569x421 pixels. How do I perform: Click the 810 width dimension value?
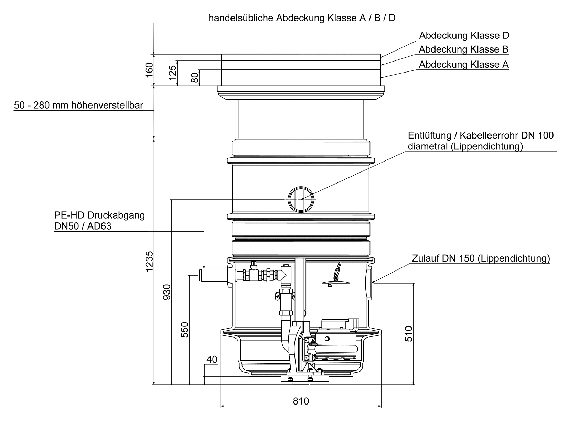301,401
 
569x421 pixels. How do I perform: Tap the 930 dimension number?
167,292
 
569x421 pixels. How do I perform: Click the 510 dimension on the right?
408,333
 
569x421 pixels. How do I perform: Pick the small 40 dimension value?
212,359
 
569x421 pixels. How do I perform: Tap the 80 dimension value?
195,78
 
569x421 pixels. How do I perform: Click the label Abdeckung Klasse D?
464,36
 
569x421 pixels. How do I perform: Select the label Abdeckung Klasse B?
463,49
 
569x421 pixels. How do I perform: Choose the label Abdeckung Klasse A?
463,65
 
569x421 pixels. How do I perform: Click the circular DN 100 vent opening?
301,199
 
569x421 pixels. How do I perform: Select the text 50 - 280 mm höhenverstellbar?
78,105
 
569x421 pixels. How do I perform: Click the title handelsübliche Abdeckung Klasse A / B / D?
302,18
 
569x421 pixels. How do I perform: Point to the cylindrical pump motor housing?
335,301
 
